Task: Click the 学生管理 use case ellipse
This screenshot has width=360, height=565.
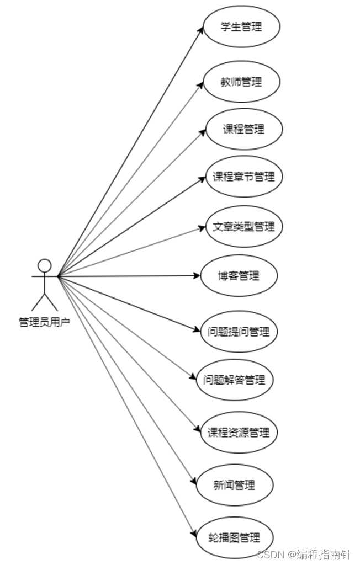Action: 241,27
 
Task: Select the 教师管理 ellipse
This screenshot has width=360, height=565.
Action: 241,82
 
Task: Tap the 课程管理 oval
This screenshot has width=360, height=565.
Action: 243,129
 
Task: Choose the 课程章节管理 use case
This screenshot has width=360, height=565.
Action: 243,177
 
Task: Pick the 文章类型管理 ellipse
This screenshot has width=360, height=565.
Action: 243,226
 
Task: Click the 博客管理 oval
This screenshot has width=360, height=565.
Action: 239,275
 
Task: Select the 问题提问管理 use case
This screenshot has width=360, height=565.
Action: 239,332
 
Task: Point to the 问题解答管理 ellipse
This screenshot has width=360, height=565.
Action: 235,380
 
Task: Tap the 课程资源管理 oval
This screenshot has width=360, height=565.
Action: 239,433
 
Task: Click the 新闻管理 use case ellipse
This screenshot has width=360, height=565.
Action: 234,485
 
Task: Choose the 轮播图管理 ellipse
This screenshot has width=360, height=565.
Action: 234,537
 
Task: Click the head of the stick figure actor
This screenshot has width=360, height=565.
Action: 44,265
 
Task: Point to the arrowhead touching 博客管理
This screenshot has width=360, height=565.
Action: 197,275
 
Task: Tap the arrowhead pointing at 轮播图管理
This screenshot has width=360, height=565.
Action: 194,533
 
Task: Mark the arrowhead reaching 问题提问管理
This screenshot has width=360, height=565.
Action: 197,330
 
